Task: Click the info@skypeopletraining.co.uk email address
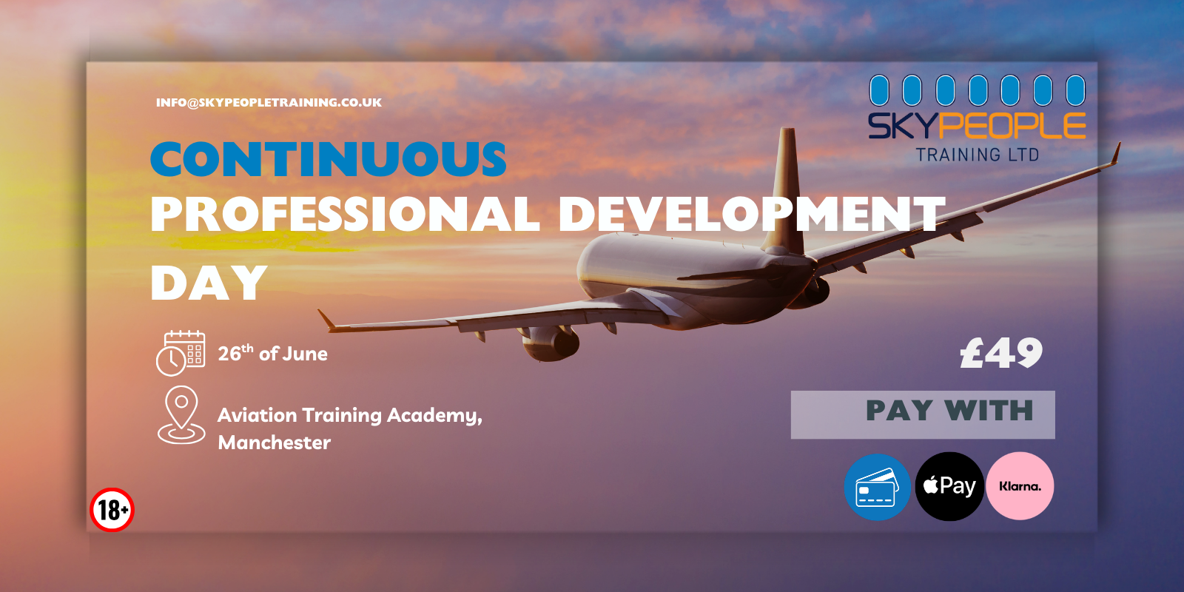click(269, 103)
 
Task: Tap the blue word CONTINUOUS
click(329, 158)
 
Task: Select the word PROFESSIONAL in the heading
click(345, 213)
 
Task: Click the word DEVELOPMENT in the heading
click(752, 213)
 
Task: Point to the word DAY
click(208, 283)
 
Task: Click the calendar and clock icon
click(181, 353)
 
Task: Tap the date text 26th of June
click(273, 353)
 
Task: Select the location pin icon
click(181, 415)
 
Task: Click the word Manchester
click(275, 443)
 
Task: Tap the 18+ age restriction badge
click(112, 510)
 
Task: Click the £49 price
click(1001, 353)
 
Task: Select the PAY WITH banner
click(923, 414)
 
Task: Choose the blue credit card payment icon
click(878, 487)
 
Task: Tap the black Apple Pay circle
click(949, 486)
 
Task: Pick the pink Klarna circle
click(1020, 485)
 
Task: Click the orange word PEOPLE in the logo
click(1015, 126)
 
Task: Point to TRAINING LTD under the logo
click(978, 155)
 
